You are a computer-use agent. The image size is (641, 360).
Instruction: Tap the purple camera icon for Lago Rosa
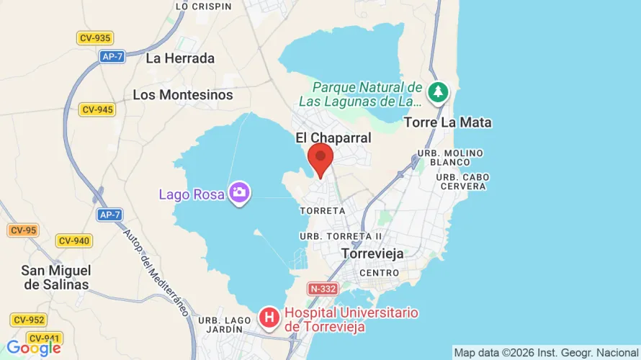click(x=239, y=193)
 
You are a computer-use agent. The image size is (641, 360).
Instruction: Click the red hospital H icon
click(x=269, y=318)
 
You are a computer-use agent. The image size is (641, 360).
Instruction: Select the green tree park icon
click(x=437, y=91)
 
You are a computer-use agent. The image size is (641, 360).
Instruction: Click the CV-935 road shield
click(x=94, y=38)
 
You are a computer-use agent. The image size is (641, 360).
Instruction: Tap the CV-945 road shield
click(x=97, y=109)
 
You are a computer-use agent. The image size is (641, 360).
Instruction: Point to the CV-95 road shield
click(x=23, y=230)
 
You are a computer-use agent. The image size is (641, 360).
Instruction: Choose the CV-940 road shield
click(x=74, y=240)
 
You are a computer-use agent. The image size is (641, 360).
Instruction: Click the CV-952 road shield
click(x=29, y=320)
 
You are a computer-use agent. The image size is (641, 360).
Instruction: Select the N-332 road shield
click(x=323, y=289)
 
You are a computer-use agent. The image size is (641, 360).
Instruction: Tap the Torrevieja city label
click(x=372, y=254)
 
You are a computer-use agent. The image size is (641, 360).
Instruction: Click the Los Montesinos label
click(x=183, y=95)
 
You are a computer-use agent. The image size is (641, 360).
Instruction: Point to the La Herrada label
click(x=180, y=58)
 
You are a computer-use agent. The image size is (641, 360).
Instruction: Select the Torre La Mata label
click(x=447, y=122)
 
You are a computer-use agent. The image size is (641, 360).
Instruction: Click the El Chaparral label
click(x=333, y=138)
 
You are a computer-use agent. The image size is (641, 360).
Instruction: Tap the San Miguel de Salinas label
click(x=56, y=277)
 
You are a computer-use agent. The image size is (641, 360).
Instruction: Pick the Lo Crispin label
click(x=203, y=6)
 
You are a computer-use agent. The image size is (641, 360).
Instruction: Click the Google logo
click(x=33, y=348)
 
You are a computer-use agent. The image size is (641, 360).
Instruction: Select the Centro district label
click(x=379, y=274)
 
